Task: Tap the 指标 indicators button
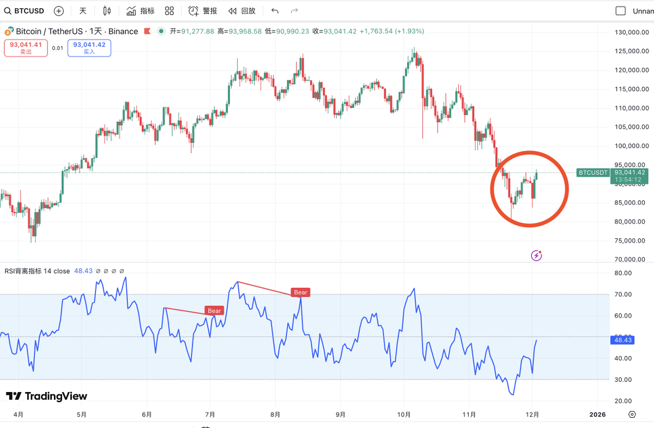[x=141, y=11]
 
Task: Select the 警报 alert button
[x=203, y=11]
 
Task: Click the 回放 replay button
[x=242, y=11]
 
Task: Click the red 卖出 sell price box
[x=22, y=48]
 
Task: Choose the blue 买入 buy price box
[x=89, y=48]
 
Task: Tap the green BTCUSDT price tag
[x=593, y=172]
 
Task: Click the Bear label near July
[x=214, y=311]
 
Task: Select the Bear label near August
[x=300, y=292]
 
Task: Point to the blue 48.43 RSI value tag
[x=622, y=339]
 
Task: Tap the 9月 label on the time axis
[x=340, y=414]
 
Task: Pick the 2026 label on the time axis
[x=597, y=414]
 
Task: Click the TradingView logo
[x=47, y=396]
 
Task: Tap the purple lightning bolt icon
[x=537, y=255]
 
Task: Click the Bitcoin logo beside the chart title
[x=9, y=31]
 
